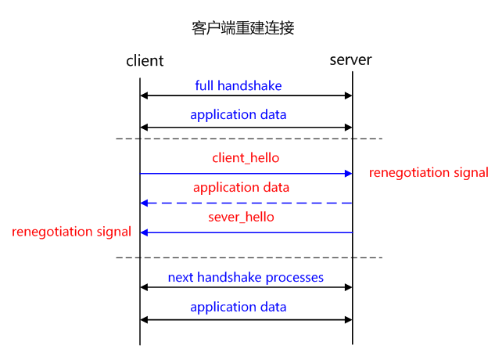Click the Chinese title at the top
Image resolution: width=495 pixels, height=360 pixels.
(x=242, y=28)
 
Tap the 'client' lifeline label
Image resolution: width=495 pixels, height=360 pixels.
(x=145, y=60)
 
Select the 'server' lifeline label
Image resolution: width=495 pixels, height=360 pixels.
(x=350, y=59)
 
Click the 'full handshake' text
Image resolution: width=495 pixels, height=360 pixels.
(x=238, y=85)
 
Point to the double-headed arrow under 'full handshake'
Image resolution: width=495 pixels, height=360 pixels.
(x=246, y=96)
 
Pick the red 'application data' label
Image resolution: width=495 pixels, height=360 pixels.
(x=241, y=188)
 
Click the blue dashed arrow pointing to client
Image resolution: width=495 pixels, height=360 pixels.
(x=246, y=203)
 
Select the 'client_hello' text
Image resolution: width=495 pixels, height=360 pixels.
(x=246, y=158)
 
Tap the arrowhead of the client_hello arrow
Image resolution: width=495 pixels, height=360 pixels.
(x=348, y=173)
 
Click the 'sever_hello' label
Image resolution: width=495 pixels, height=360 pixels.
(x=241, y=217)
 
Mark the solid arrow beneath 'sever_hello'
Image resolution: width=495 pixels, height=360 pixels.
(x=246, y=232)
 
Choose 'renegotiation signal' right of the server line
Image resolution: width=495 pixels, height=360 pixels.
(x=428, y=173)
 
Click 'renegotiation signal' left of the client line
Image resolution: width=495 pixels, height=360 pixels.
(x=71, y=232)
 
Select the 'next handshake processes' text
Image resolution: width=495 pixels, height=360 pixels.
(x=246, y=277)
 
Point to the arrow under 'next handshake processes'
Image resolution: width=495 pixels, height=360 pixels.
(x=246, y=288)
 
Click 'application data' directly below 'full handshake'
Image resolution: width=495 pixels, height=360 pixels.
(x=238, y=115)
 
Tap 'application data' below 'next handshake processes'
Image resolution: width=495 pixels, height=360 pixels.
(x=238, y=307)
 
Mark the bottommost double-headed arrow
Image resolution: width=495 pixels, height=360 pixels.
(x=246, y=319)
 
